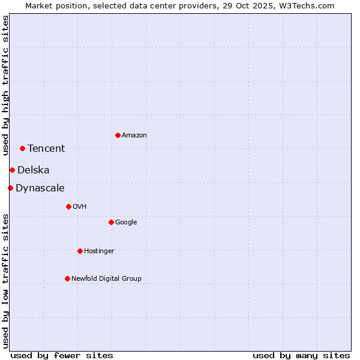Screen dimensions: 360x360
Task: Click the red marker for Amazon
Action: (118, 135)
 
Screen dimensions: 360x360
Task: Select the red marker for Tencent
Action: (22, 148)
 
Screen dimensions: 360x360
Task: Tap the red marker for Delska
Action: (12, 170)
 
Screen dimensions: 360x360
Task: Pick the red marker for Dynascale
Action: (10, 188)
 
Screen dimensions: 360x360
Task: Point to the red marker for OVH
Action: (68, 206)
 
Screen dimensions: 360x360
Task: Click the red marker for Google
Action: (111, 222)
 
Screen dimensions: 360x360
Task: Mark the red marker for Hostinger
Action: (80, 251)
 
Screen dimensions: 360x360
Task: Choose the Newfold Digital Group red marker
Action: (67, 278)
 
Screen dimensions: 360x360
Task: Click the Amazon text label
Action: (134, 136)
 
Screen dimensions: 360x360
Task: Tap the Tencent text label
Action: (46, 149)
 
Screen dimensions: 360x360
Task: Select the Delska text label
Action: (34, 170)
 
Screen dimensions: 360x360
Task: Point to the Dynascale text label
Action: (40, 188)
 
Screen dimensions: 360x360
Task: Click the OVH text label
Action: (80, 207)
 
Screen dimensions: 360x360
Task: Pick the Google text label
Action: (126, 223)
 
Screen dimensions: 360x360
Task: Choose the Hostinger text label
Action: (99, 251)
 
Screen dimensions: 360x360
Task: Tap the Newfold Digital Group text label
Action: (106, 279)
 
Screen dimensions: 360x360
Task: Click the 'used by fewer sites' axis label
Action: (62, 355)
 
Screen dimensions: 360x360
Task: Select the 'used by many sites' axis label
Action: (301, 355)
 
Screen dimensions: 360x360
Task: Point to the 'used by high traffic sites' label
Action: (6, 85)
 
